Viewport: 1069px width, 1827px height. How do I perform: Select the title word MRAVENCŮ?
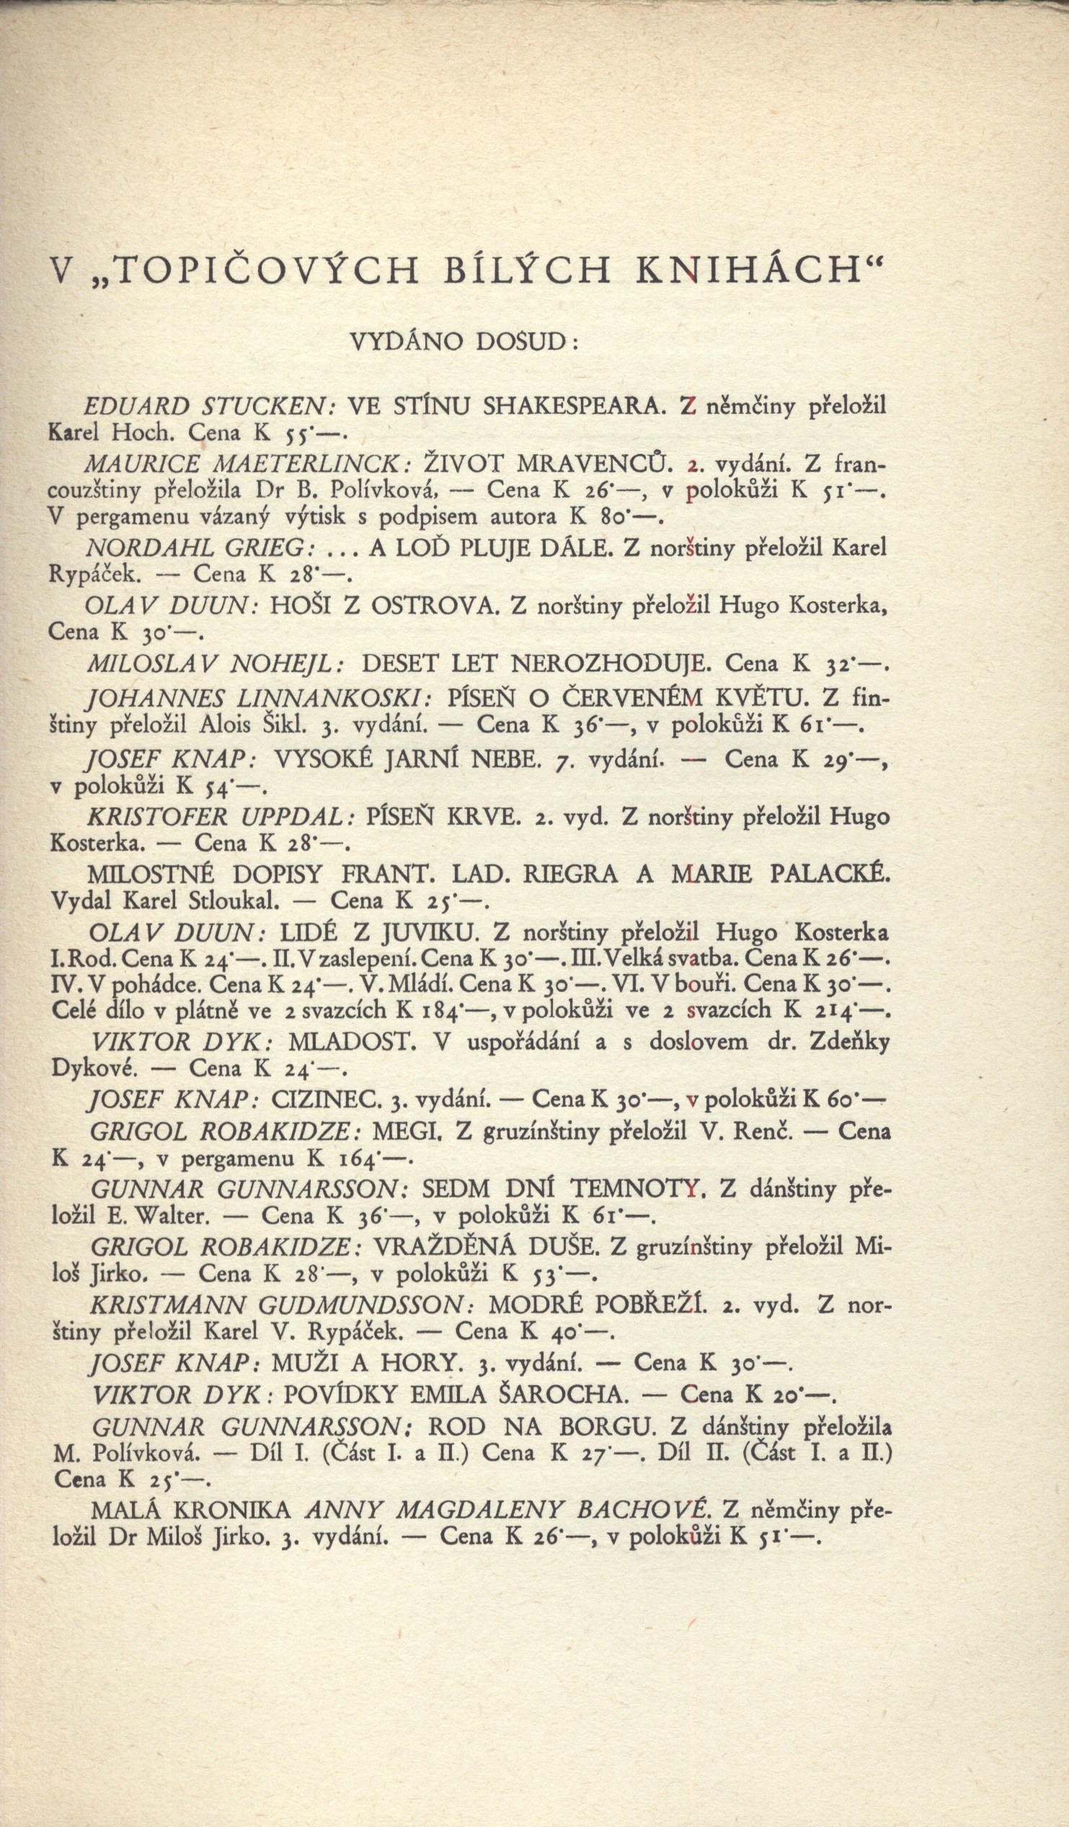click(x=584, y=464)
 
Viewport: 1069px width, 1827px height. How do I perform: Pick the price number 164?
click(x=359, y=1159)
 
